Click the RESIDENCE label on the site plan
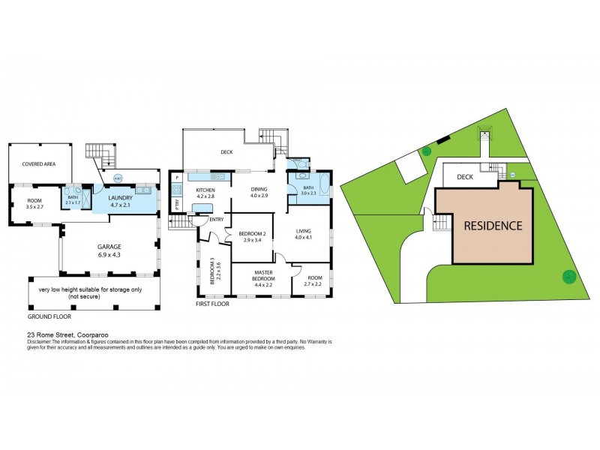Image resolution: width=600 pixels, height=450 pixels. point(492,225)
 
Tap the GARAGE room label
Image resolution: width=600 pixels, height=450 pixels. point(110,246)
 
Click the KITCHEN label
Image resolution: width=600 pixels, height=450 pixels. point(205,190)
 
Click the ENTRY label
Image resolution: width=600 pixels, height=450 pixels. point(217,219)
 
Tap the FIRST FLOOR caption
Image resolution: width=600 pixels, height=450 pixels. point(212,304)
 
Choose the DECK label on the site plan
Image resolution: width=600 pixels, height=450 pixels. point(465,178)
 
